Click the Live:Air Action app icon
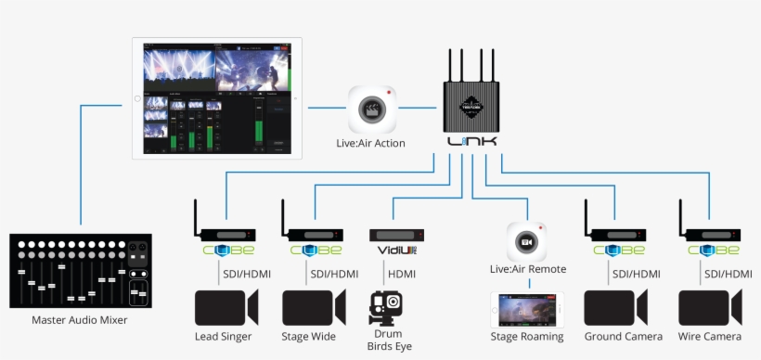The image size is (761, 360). [373, 109]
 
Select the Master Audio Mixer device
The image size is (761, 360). [80, 273]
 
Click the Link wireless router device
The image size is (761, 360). [471, 108]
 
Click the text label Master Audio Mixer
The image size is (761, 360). [80, 321]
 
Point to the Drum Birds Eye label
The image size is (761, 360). [389, 341]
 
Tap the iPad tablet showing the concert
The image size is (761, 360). [215, 96]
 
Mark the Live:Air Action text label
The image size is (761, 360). [371, 144]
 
